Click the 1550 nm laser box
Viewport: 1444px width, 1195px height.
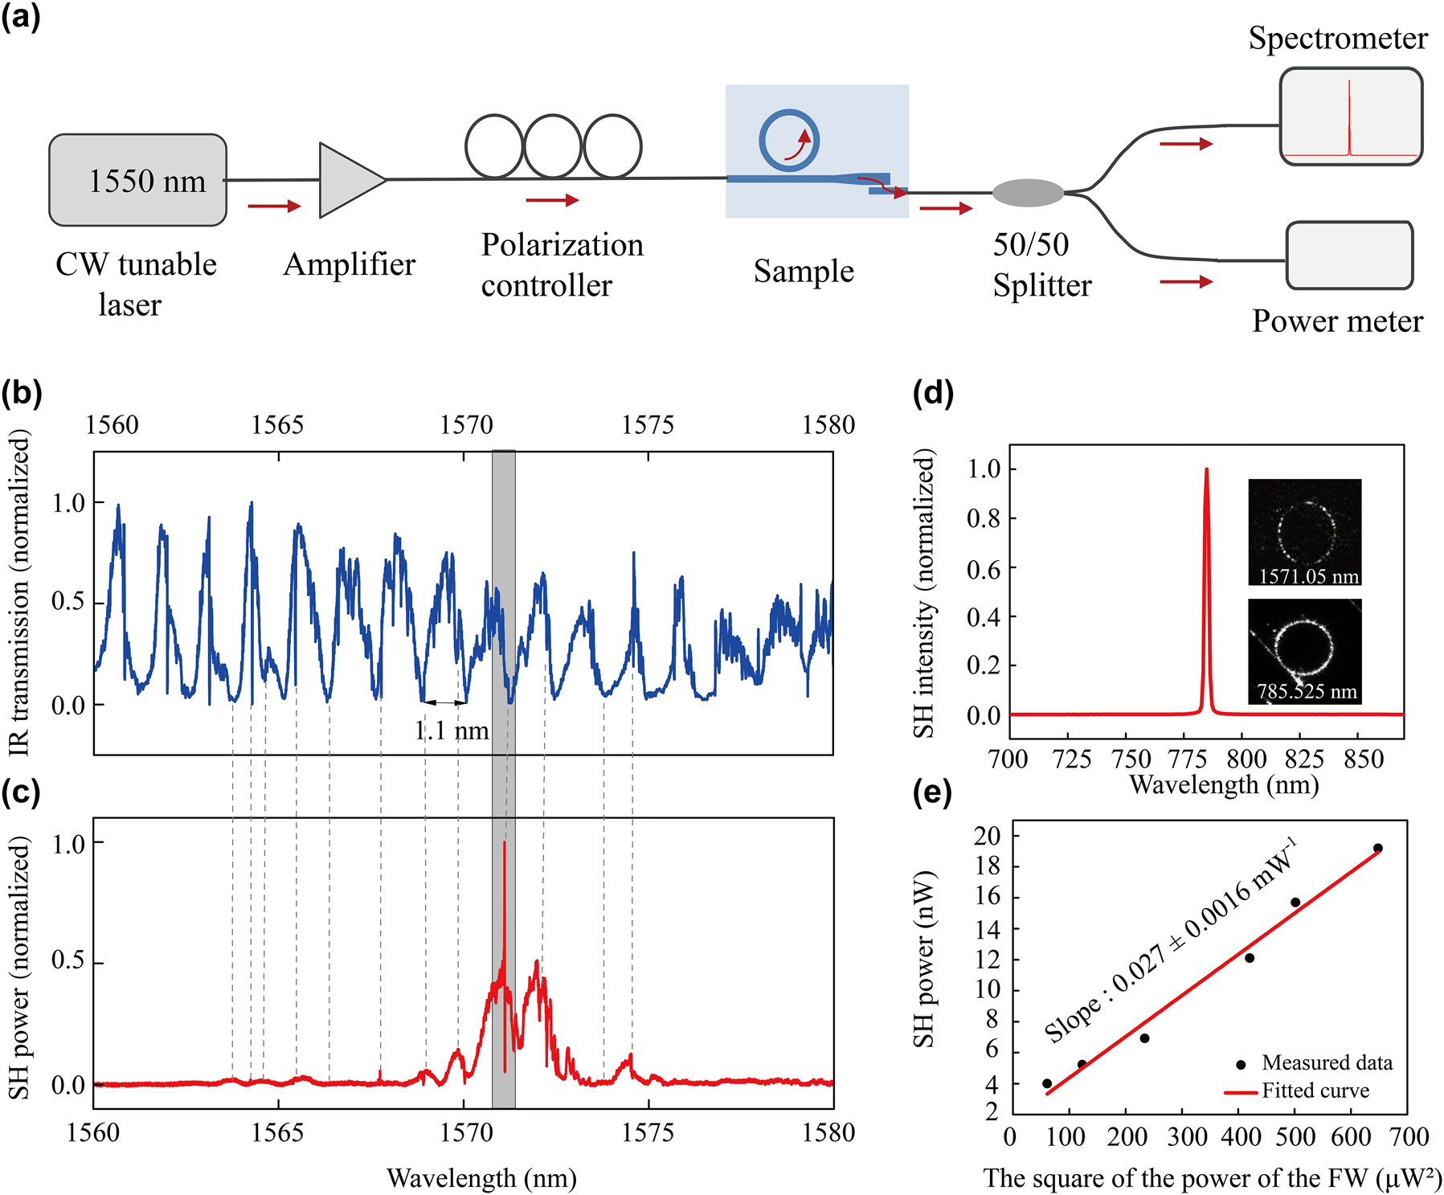coord(137,180)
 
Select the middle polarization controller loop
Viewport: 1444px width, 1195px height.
coord(553,145)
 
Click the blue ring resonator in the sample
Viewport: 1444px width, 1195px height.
coord(788,140)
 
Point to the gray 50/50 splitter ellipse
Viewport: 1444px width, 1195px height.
coord(1028,193)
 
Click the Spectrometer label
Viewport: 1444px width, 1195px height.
coord(1337,39)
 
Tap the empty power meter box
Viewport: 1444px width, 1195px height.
coord(1349,256)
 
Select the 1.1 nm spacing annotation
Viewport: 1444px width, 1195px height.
coord(452,731)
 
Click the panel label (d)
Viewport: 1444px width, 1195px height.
coord(933,394)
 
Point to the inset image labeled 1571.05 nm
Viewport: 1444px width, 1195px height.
coord(1304,531)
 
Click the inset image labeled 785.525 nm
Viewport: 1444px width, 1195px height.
coord(1304,651)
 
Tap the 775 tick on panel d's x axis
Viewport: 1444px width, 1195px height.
coord(1188,759)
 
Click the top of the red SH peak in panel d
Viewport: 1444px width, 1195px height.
coord(1206,470)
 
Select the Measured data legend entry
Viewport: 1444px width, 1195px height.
coord(1317,1063)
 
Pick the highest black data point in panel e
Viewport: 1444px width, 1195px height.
coord(1377,848)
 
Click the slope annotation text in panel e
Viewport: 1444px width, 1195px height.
coord(1169,940)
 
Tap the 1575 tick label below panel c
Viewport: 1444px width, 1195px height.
coord(647,1132)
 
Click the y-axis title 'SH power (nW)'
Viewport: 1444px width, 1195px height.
coord(924,958)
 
